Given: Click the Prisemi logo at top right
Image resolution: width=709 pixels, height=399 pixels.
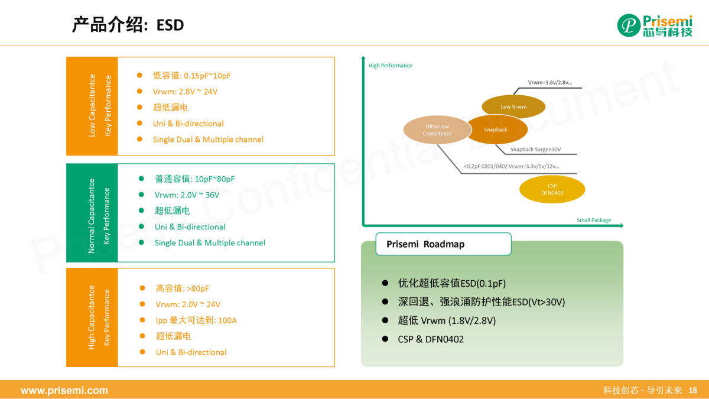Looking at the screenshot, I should pos(654,25).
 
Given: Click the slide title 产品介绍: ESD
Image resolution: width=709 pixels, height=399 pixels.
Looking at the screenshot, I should pos(128,25).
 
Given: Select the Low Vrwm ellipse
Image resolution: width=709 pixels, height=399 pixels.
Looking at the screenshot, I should pos(513,107).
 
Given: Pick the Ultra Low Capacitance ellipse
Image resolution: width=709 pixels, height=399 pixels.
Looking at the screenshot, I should pos(437,130).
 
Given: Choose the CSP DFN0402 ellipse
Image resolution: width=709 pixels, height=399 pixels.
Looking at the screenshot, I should pos(552,189).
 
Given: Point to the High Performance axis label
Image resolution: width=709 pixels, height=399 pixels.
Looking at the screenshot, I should pos(390,66).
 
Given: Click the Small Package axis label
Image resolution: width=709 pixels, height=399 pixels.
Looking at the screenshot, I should pos(593,220).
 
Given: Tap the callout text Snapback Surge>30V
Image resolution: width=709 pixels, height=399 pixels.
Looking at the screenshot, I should pos(535,150).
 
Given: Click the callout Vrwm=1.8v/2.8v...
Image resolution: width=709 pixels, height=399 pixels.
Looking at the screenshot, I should pos(549,83).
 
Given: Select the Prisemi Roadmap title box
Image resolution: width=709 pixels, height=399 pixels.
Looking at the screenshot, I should pos(443,244).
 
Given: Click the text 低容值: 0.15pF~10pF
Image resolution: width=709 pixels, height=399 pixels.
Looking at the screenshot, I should pos(191,76).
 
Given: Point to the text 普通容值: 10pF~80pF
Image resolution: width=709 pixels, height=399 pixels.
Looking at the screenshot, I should pos(194,179).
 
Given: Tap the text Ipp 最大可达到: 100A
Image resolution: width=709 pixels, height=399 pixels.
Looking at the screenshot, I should pos(196,320).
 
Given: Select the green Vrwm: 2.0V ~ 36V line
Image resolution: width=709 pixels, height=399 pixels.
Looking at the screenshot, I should pos(187,195).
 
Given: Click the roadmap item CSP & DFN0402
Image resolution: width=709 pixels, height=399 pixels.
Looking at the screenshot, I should pos(430,339).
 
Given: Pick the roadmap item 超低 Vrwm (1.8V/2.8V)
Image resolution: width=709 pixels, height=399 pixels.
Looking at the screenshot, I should pos(446,320).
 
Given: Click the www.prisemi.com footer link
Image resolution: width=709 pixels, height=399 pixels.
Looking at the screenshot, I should pos(64,391).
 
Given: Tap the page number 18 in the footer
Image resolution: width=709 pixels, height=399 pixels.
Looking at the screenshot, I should pos(693,391).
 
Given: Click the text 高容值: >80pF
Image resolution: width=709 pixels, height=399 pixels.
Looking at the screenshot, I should pos(182,288).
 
